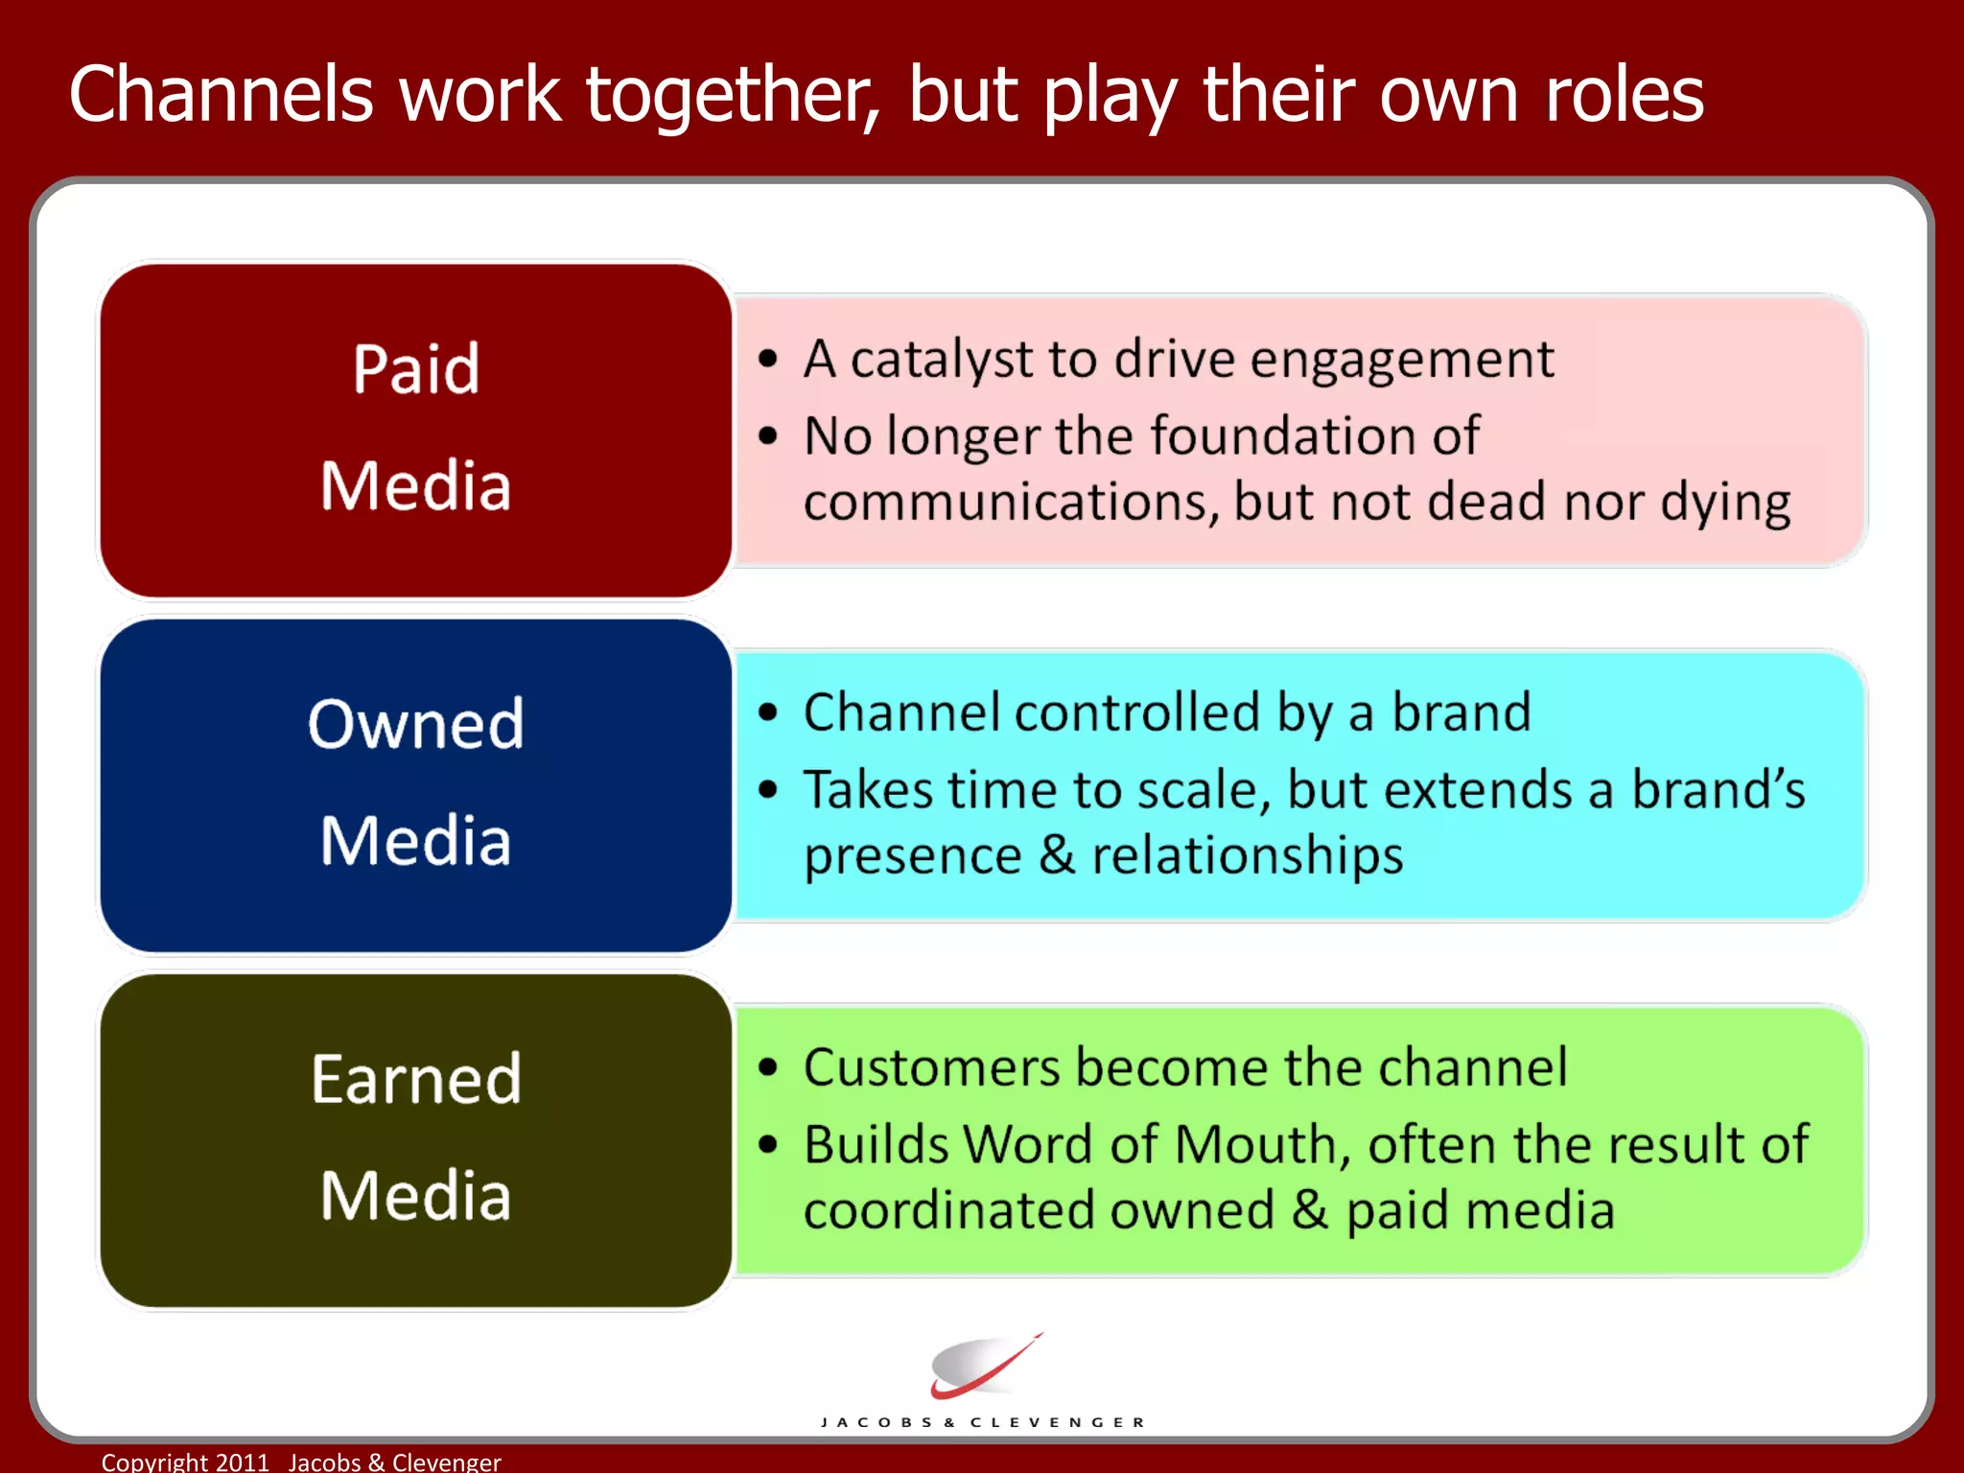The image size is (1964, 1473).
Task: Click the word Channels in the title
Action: pyautogui.click(x=221, y=94)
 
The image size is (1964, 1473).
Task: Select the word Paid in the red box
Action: pyautogui.click(x=416, y=368)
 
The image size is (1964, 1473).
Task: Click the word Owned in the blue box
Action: pyautogui.click(x=416, y=723)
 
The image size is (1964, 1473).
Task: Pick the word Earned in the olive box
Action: pyautogui.click(x=416, y=1079)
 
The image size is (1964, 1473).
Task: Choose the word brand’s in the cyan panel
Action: pyautogui.click(x=1718, y=790)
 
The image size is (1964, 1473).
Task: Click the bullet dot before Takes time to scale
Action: pyautogui.click(x=767, y=790)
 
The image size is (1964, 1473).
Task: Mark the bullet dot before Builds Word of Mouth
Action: pyautogui.click(x=767, y=1145)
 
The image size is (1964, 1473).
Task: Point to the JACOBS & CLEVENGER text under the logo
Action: pyautogui.click(x=983, y=1422)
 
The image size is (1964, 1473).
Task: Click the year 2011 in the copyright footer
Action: pyautogui.click(x=242, y=1461)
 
